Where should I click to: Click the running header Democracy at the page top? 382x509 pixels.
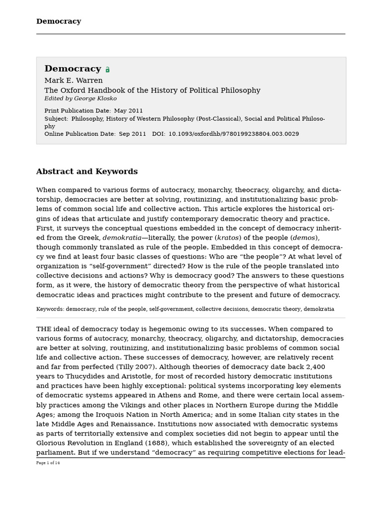(x=58, y=21)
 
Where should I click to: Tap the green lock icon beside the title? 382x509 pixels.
(x=107, y=70)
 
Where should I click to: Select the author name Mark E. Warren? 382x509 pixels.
(x=74, y=81)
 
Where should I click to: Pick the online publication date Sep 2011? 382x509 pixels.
(x=132, y=134)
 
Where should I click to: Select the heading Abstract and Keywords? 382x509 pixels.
(x=87, y=171)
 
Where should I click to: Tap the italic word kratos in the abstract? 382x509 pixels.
(x=229, y=238)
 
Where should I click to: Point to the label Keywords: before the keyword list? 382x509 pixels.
(x=50, y=309)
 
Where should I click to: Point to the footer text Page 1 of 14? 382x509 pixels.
(x=48, y=463)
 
